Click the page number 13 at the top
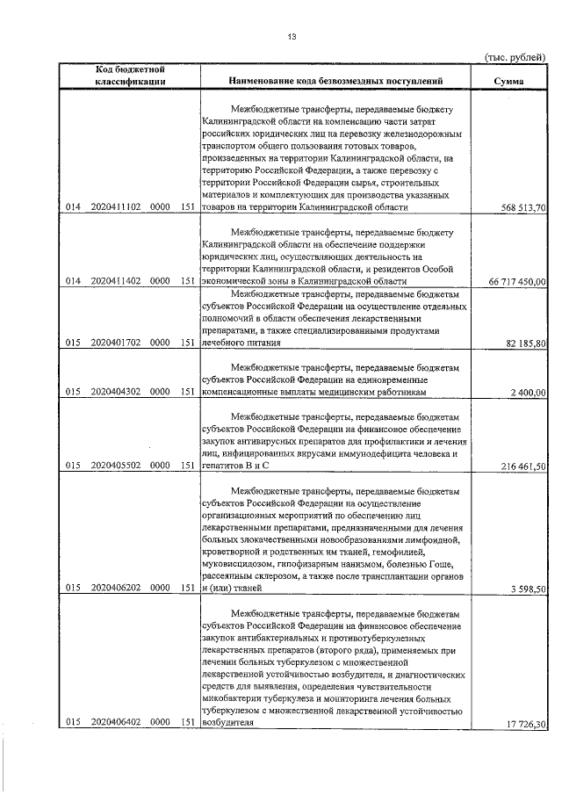click(x=292, y=36)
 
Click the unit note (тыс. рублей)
click(x=515, y=56)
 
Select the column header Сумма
click(x=509, y=82)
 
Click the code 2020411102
click(x=117, y=208)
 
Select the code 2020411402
click(x=117, y=281)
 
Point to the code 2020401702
click(x=117, y=343)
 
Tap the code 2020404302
click(x=117, y=392)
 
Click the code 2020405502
click(x=117, y=466)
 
